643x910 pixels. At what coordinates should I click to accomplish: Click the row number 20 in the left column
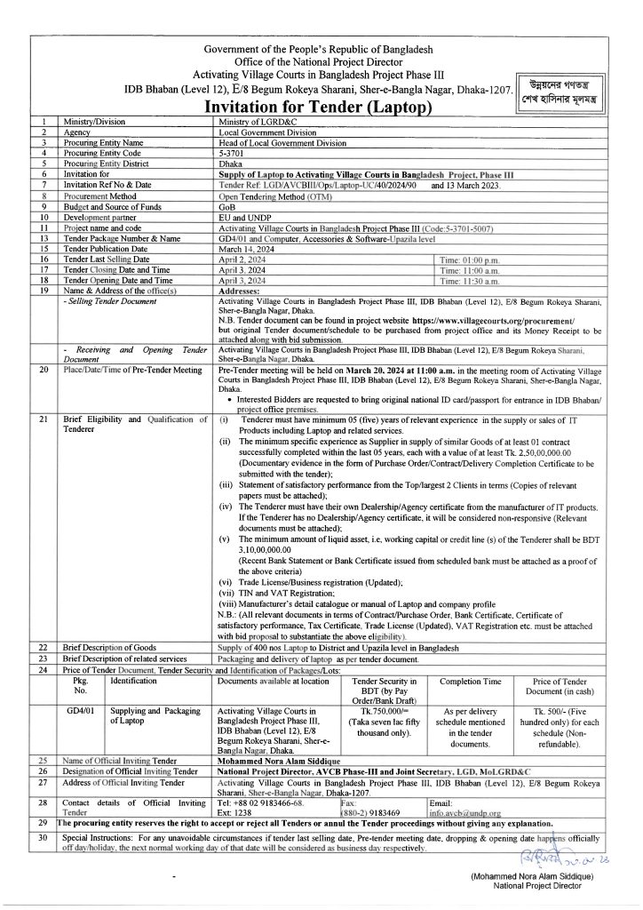(x=44, y=369)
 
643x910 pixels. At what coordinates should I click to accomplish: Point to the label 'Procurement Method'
(x=99, y=195)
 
